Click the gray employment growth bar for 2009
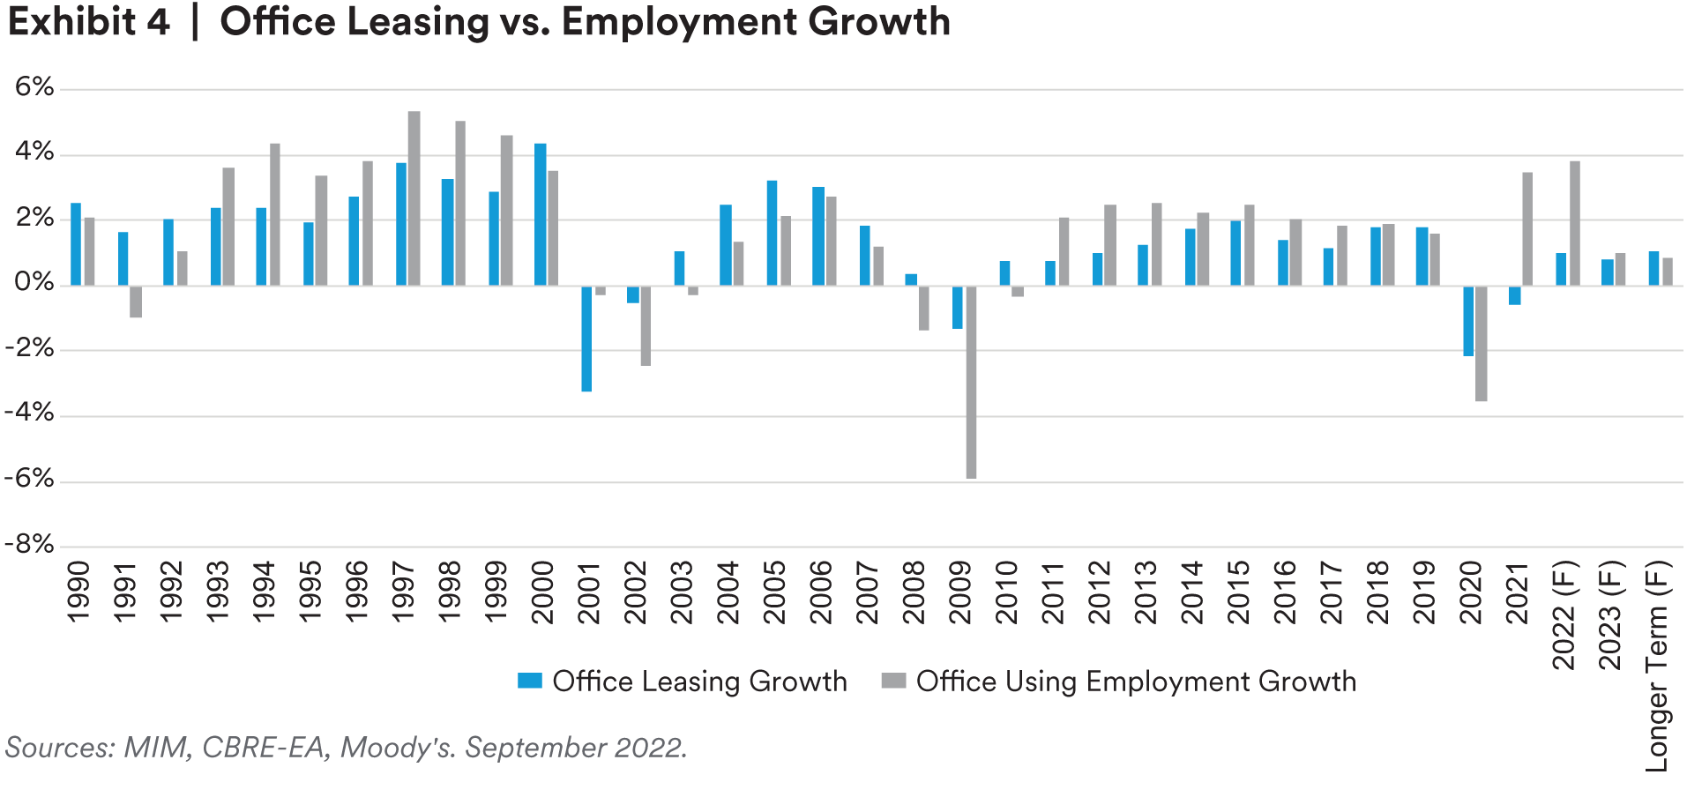pyautogui.click(x=971, y=382)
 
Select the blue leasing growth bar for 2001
pyautogui.click(x=586, y=339)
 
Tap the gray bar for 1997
pyautogui.click(x=414, y=197)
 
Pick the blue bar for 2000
pyautogui.click(x=541, y=213)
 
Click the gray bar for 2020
pyautogui.click(x=1482, y=343)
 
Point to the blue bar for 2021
pyautogui.click(x=1515, y=295)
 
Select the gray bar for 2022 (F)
pyautogui.click(x=1574, y=222)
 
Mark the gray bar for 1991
pyautogui.click(x=136, y=302)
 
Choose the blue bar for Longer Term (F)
pyautogui.click(x=1653, y=268)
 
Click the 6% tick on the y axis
pyautogui.click(x=34, y=87)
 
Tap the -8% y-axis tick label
pyautogui.click(x=29, y=545)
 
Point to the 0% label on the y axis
pyautogui.click(x=34, y=283)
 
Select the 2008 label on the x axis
pyautogui.click(x=914, y=592)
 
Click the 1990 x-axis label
pyautogui.click(x=78, y=592)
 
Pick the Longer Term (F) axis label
pyautogui.click(x=1658, y=667)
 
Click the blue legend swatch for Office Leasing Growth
pyautogui.click(x=529, y=682)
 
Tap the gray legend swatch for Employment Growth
pyautogui.click(x=893, y=682)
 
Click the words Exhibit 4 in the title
pyautogui.click(x=88, y=22)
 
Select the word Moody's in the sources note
pyautogui.click(x=398, y=748)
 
